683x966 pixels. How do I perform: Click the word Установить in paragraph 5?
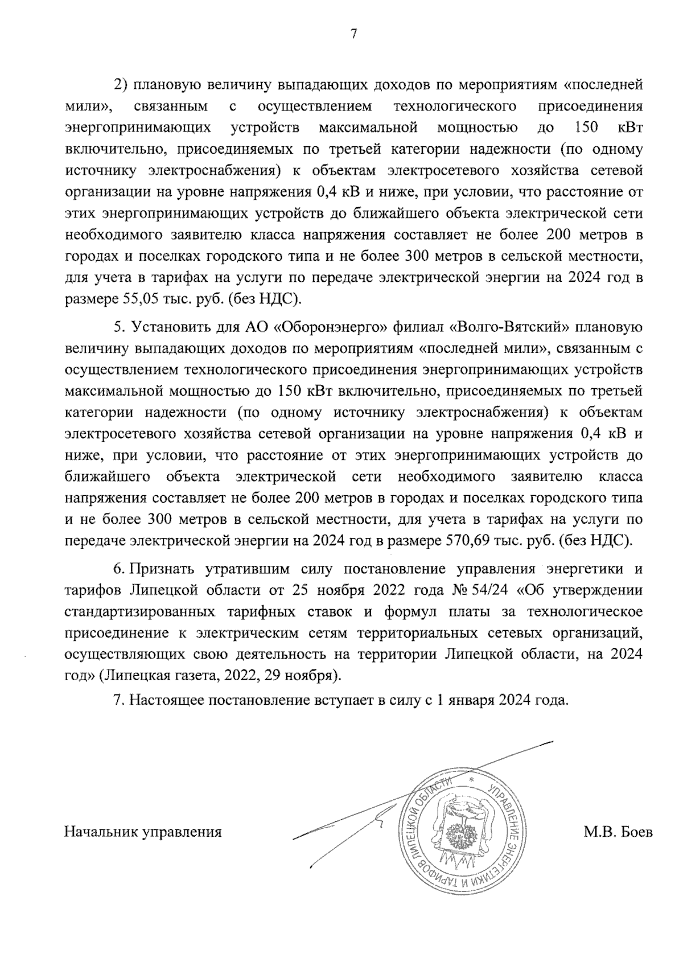tap(165, 327)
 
